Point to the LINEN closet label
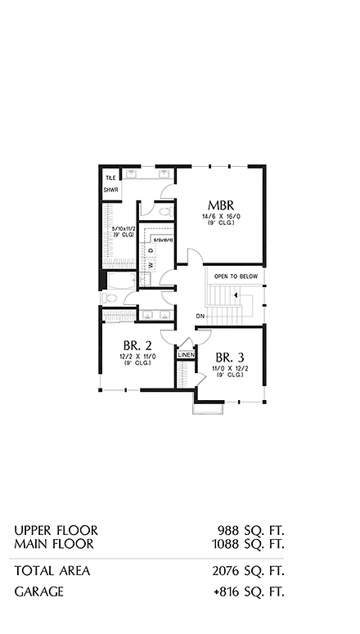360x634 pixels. pyautogui.click(x=185, y=356)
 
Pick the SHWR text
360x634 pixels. pyautogui.click(x=111, y=191)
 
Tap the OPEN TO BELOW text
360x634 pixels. pyautogui.click(x=236, y=277)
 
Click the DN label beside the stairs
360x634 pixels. pyautogui.click(x=200, y=316)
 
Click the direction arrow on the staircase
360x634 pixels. pyautogui.click(x=236, y=296)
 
